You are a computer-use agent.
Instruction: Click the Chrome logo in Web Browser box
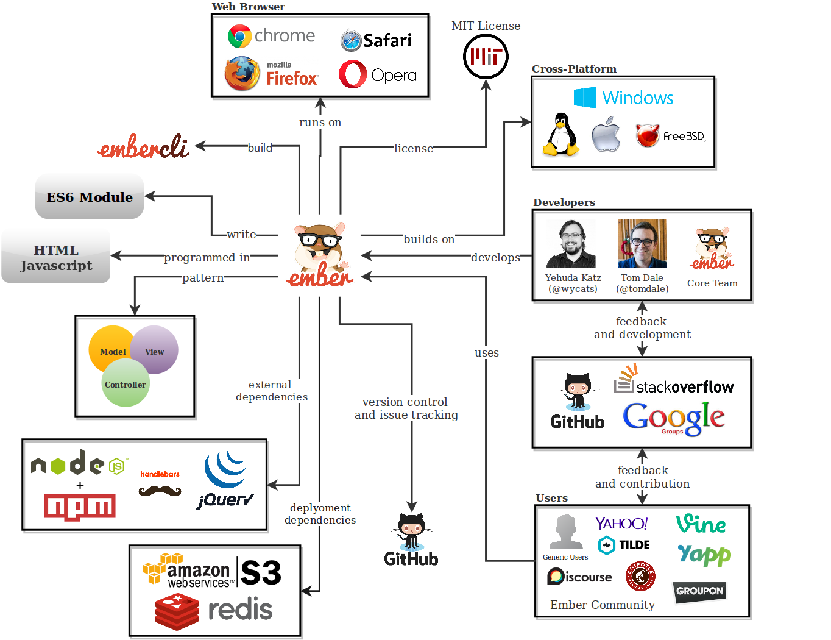240,37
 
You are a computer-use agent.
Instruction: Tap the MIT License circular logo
486,57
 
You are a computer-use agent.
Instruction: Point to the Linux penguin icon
560,135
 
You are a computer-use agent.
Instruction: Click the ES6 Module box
90,197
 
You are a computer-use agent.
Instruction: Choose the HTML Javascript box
56,257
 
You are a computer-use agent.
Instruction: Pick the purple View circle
155,349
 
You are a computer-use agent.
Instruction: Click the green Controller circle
126,383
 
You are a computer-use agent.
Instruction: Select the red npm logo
80,507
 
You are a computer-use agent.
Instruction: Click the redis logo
213,610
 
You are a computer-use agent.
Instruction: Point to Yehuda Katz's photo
571,244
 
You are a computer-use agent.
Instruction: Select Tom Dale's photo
642,244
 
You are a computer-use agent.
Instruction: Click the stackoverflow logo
674,381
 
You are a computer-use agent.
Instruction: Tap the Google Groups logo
673,418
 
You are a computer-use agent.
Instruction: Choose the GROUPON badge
699,591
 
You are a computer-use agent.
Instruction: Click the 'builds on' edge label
429,240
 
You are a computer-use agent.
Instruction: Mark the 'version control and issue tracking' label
406,408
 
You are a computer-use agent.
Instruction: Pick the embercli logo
144,147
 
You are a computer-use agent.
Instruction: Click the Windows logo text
637,98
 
